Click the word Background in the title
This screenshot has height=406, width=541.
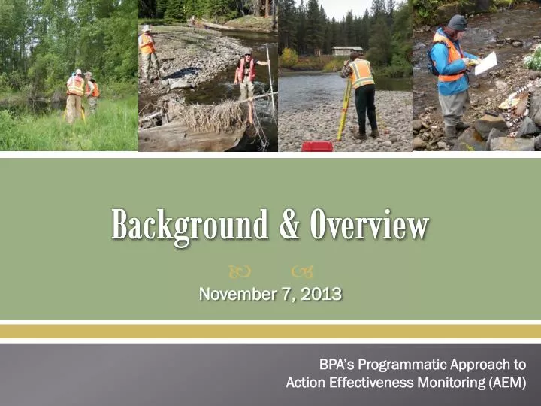pos(189,225)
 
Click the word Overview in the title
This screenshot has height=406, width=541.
pos(370,225)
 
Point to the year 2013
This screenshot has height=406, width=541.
pos(321,294)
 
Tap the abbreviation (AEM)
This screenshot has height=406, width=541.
pos(506,383)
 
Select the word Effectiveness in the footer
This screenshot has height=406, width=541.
pos(366,383)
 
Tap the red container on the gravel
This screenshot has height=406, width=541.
pos(316,146)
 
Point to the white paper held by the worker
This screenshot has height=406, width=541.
pos(486,63)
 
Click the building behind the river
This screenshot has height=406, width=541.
pos(347,51)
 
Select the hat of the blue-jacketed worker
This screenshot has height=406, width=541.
pos(456,23)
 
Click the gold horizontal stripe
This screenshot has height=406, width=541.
pos(270,331)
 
